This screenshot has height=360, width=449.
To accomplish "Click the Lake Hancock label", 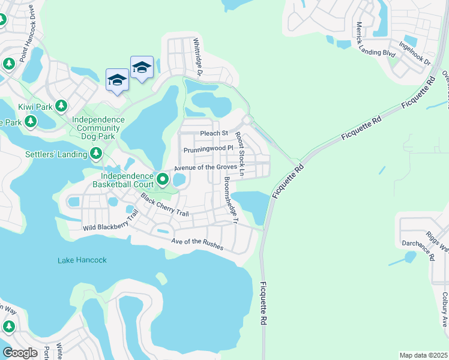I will point(82,260).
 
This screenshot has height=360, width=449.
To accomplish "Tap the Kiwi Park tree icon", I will point(61,106).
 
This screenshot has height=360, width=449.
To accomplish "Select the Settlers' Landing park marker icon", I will point(96,154).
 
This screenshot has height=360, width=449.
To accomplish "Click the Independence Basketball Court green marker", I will point(163,179).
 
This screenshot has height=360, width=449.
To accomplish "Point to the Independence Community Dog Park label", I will point(98,124).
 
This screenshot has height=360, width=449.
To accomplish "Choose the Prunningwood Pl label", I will point(208,148).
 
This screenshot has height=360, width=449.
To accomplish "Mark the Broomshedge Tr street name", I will point(231,200).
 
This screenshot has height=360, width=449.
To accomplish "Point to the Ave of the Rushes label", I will point(197,244).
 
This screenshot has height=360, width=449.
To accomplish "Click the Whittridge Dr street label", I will point(197,58).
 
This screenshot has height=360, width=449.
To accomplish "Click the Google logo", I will point(20,353).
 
